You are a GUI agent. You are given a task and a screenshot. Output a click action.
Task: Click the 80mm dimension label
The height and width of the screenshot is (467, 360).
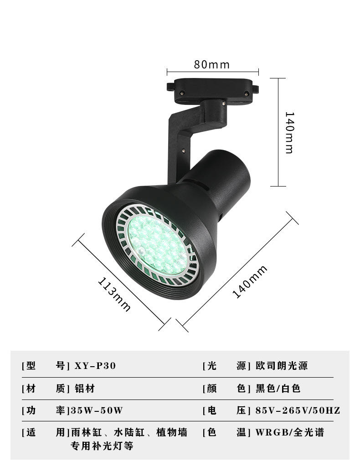click(x=212, y=64)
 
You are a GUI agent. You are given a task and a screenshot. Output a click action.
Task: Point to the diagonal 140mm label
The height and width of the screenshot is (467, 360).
click(x=250, y=282)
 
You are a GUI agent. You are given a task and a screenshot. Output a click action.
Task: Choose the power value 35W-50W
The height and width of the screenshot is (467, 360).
click(x=96, y=410)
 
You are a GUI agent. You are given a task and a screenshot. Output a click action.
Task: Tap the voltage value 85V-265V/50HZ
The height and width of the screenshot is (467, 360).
click(x=298, y=410)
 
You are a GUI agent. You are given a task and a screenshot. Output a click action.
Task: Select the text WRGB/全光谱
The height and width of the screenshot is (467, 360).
click(x=289, y=432)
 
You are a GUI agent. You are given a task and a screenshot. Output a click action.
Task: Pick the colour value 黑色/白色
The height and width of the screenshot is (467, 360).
click(x=278, y=389)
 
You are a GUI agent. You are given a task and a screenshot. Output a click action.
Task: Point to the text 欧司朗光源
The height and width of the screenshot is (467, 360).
click(x=282, y=366)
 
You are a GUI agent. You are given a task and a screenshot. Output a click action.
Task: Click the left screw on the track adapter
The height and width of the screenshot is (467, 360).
click(x=182, y=93)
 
